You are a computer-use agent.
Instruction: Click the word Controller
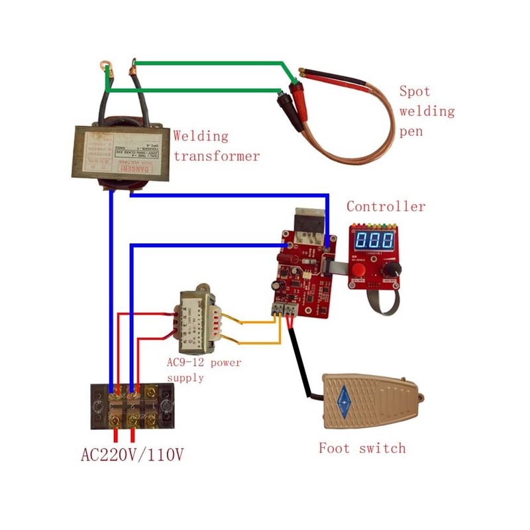coord(386,207)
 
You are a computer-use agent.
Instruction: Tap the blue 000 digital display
coord(374,240)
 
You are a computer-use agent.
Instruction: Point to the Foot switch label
coord(362,449)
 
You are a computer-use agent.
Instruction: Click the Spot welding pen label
coord(427,111)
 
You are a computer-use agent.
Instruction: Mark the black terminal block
coord(132,405)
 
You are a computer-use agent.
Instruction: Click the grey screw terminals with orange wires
coord(286,307)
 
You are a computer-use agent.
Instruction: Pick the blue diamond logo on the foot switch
coord(344,397)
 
